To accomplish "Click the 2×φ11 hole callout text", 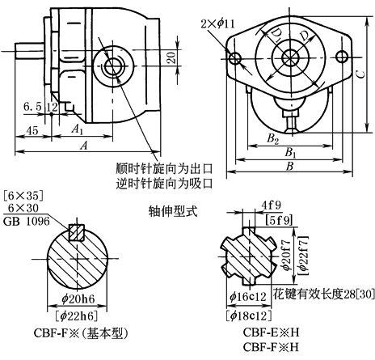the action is pyautogui.click(x=217, y=24).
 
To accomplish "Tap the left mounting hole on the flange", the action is pyautogui.click(x=235, y=57).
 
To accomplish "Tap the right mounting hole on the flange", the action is pyautogui.click(x=342, y=57).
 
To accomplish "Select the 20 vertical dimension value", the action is pyautogui.click(x=171, y=57).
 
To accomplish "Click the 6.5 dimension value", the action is pyautogui.click(x=32, y=107).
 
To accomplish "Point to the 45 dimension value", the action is pyautogui.click(x=32, y=131).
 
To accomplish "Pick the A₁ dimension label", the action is pyautogui.click(x=78, y=129).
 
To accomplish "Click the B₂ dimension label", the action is pyautogui.click(x=272, y=139).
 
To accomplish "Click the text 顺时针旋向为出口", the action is pyautogui.click(x=164, y=168).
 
